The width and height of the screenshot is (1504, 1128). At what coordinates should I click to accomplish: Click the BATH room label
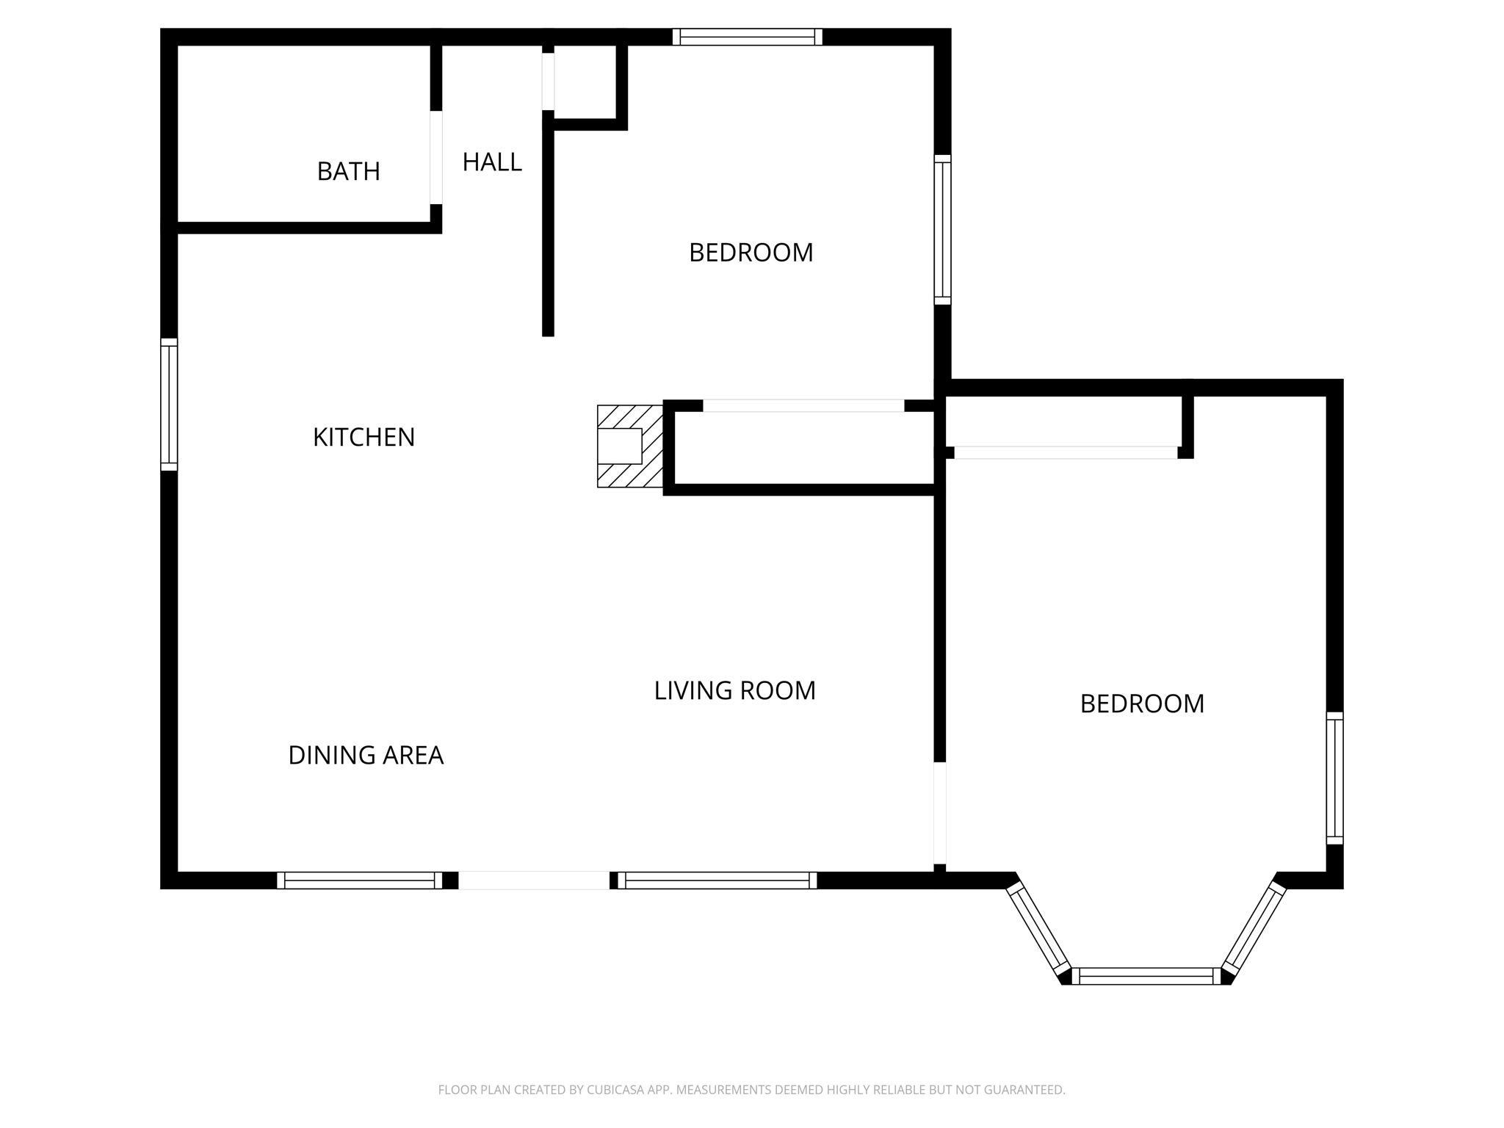[x=348, y=171]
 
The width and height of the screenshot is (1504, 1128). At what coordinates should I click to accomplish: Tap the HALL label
[x=492, y=162]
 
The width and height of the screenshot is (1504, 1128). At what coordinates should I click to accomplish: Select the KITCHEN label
[x=364, y=437]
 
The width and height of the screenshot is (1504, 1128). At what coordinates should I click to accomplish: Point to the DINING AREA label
[x=366, y=755]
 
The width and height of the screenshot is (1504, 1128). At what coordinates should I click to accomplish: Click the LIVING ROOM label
[x=734, y=690]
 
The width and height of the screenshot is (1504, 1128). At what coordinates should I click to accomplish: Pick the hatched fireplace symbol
[x=629, y=446]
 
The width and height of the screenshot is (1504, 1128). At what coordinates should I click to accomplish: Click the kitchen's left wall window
[x=169, y=405]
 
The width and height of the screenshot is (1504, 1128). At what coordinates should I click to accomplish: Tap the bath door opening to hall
[x=436, y=157]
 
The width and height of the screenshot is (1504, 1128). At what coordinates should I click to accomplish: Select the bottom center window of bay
[x=1146, y=976]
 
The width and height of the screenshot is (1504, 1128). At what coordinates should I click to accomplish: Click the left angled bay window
[x=1038, y=928]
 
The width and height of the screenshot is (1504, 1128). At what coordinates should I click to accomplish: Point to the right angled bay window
[x=1254, y=928]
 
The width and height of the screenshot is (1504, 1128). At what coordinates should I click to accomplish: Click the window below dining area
[x=359, y=881]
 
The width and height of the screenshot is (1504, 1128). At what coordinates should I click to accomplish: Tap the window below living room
[x=717, y=881]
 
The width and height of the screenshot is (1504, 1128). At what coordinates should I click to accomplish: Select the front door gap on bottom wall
[x=534, y=881]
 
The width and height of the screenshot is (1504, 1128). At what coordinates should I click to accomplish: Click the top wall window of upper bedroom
[x=747, y=37]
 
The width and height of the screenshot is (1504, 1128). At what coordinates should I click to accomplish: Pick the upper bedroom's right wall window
[x=942, y=229]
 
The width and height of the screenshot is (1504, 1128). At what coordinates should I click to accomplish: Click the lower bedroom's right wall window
[x=1334, y=778]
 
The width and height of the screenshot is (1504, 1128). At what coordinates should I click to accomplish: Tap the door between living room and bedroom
[x=939, y=813]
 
